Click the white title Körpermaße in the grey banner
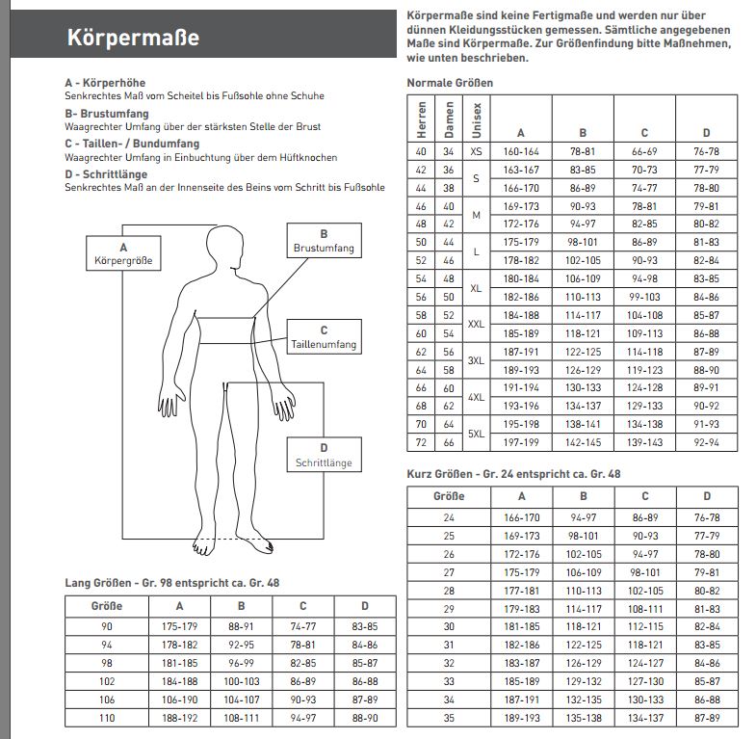point(134,38)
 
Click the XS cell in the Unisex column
point(476,151)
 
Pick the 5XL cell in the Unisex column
point(476,433)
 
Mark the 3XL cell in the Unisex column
point(476,361)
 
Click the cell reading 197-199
point(521,441)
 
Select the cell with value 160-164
point(521,151)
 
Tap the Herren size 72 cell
point(421,441)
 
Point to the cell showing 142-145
point(583,441)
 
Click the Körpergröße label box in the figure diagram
point(123,253)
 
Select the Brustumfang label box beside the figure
point(324,241)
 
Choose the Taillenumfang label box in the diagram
point(324,337)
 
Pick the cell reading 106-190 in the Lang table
point(179,699)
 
